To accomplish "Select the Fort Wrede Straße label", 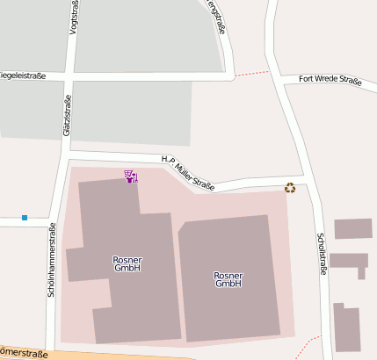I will (330, 80).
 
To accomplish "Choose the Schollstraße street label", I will (322, 254).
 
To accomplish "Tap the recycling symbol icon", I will (290, 187).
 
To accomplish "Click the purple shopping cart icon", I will (131, 176).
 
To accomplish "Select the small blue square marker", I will (25, 217).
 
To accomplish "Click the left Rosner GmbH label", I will (127, 264).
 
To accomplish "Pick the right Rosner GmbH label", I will (228, 279).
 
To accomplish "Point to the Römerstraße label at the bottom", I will (22, 353).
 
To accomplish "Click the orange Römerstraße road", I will (132, 356).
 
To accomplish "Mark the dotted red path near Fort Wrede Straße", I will (251, 72).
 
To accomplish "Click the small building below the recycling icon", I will (352, 229).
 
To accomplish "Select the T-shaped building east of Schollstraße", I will (350, 263).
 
